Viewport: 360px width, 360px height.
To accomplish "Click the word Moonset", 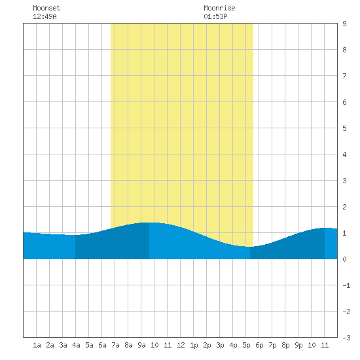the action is (x=46, y=8).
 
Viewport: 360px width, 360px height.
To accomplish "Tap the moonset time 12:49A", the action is (x=45, y=16).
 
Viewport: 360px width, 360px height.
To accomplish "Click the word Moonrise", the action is (x=219, y=8).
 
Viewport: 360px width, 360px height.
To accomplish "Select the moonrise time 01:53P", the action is (x=215, y=16).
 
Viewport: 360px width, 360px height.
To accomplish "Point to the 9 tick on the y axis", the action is (x=344, y=24).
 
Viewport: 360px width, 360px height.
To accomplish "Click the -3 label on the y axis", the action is (x=346, y=338).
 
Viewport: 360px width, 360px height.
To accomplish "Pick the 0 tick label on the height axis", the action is (x=344, y=259).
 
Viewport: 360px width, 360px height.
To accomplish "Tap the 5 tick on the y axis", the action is (x=344, y=128).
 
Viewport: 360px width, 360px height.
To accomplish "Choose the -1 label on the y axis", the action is (x=346, y=285).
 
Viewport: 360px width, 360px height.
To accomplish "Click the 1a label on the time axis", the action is (x=37, y=345).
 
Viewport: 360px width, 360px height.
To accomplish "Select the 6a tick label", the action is (x=102, y=345).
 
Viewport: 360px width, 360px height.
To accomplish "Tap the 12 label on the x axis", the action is (x=181, y=345).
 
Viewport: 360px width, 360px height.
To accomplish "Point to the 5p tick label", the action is (x=246, y=345).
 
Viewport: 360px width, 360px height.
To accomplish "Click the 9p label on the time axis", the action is (x=298, y=345).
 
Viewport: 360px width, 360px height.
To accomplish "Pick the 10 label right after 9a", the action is (x=154, y=345).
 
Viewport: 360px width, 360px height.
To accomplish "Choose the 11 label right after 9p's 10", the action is (x=325, y=345).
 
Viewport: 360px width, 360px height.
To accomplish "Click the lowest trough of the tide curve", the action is (x=250, y=247).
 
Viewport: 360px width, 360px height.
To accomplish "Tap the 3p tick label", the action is (x=220, y=345).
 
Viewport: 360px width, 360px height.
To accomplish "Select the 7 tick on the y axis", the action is (x=344, y=76).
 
